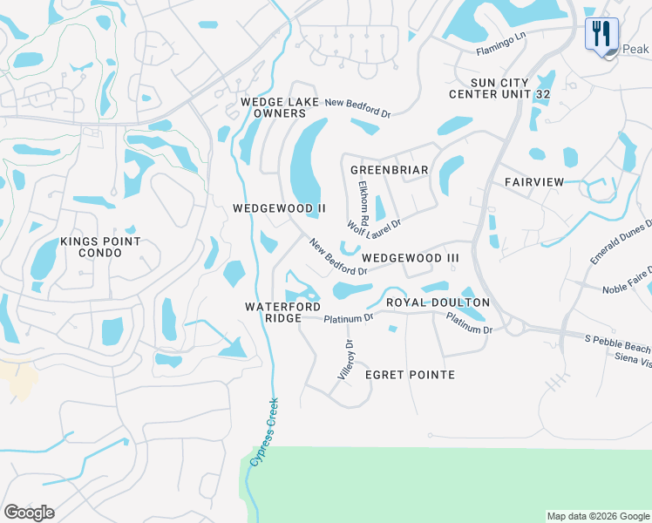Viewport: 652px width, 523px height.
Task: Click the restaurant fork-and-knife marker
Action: [x=601, y=35]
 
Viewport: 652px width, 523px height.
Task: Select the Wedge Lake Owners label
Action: [x=274, y=108]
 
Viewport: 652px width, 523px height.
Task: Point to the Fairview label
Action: [x=534, y=181]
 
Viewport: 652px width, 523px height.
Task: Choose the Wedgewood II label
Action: [x=279, y=208]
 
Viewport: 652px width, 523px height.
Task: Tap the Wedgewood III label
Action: [x=410, y=258]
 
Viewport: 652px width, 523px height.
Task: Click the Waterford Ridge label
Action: [x=282, y=313]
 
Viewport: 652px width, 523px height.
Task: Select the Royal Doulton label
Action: [x=438, y=302]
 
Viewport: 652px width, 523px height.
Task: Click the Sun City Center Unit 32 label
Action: [x=499, y=87]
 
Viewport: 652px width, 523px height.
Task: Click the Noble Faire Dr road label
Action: [x=627, y=288]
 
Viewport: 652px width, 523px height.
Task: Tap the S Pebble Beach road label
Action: [x=617, y=342]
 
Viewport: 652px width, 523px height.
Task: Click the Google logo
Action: [x=29, y=513]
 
